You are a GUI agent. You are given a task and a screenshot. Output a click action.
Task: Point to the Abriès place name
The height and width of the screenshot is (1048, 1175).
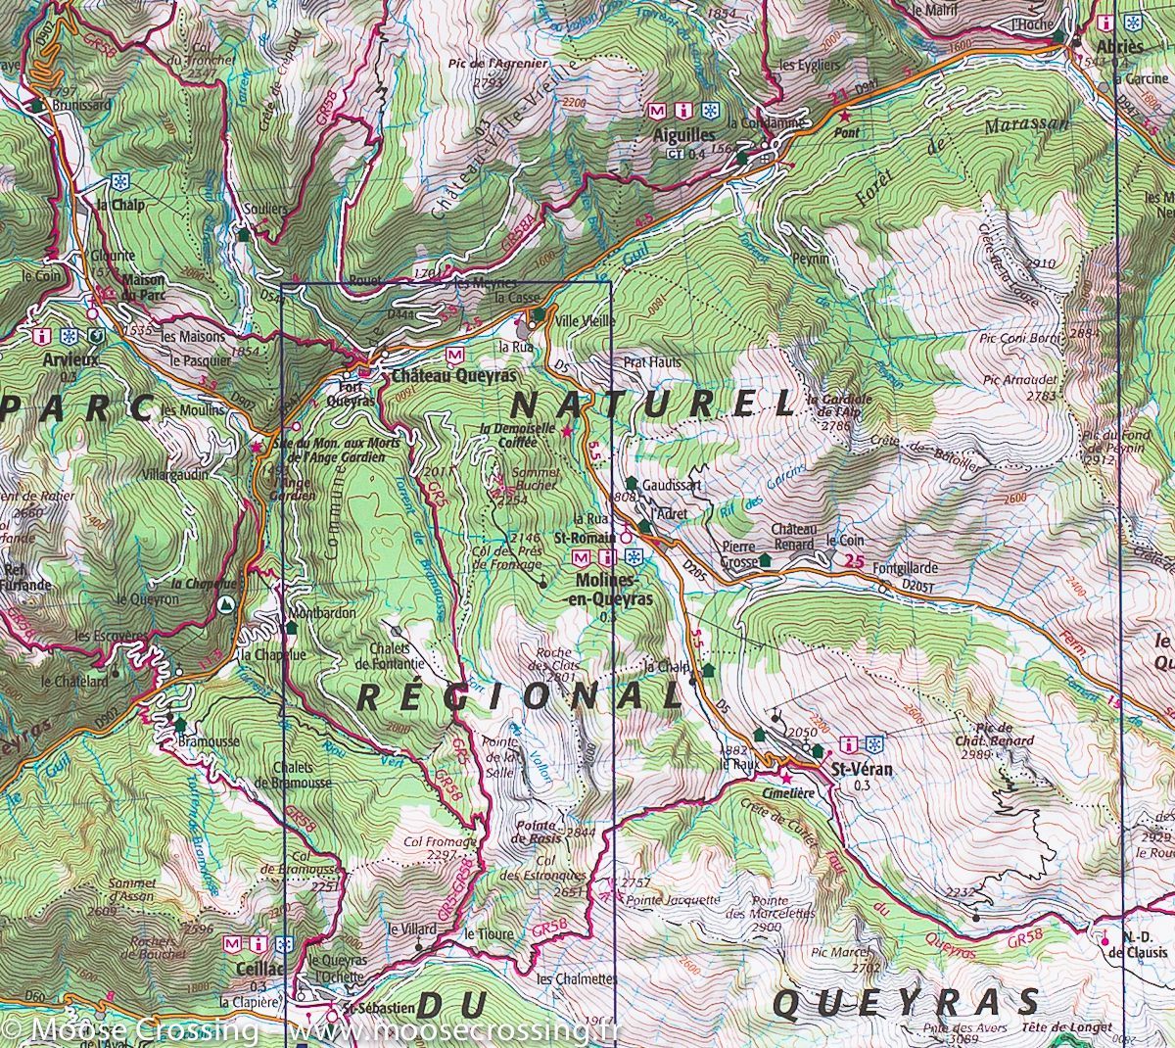[x=1120, y=47]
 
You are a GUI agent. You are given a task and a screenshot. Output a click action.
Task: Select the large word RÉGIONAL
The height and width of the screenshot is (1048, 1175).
[x=518, y=696]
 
